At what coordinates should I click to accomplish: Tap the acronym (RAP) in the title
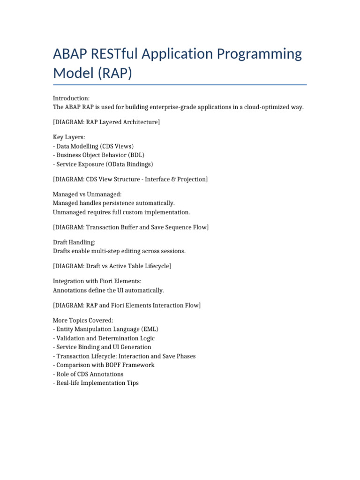click(x=112, y=73)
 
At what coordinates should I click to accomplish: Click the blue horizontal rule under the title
click(x=180, y=85)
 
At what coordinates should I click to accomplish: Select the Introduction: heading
click(x=71, y=98)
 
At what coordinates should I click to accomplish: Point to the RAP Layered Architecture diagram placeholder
click(x=106, y=122)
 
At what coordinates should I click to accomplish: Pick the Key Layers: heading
click(x=69, y=137)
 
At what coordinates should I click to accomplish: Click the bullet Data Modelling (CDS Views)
click(x=93, y=146)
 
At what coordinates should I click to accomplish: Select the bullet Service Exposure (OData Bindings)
click(x=103, y=164)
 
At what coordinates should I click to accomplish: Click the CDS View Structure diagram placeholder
click(x=130, y=180)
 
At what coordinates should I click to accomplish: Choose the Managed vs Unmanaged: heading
click(x=87, y=194)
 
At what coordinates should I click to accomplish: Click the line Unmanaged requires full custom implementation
click(x=121, y=212)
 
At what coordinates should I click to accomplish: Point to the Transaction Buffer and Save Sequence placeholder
click(x=131, y=227)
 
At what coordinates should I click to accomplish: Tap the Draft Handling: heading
click(x=74, y=242)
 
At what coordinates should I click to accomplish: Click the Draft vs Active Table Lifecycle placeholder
click(x=112, y=266)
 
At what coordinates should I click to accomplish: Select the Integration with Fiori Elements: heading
click(x=97, y=281)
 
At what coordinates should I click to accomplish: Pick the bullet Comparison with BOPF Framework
click(x=104, y=365)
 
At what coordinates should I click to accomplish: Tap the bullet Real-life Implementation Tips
click(x=96, y=383)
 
